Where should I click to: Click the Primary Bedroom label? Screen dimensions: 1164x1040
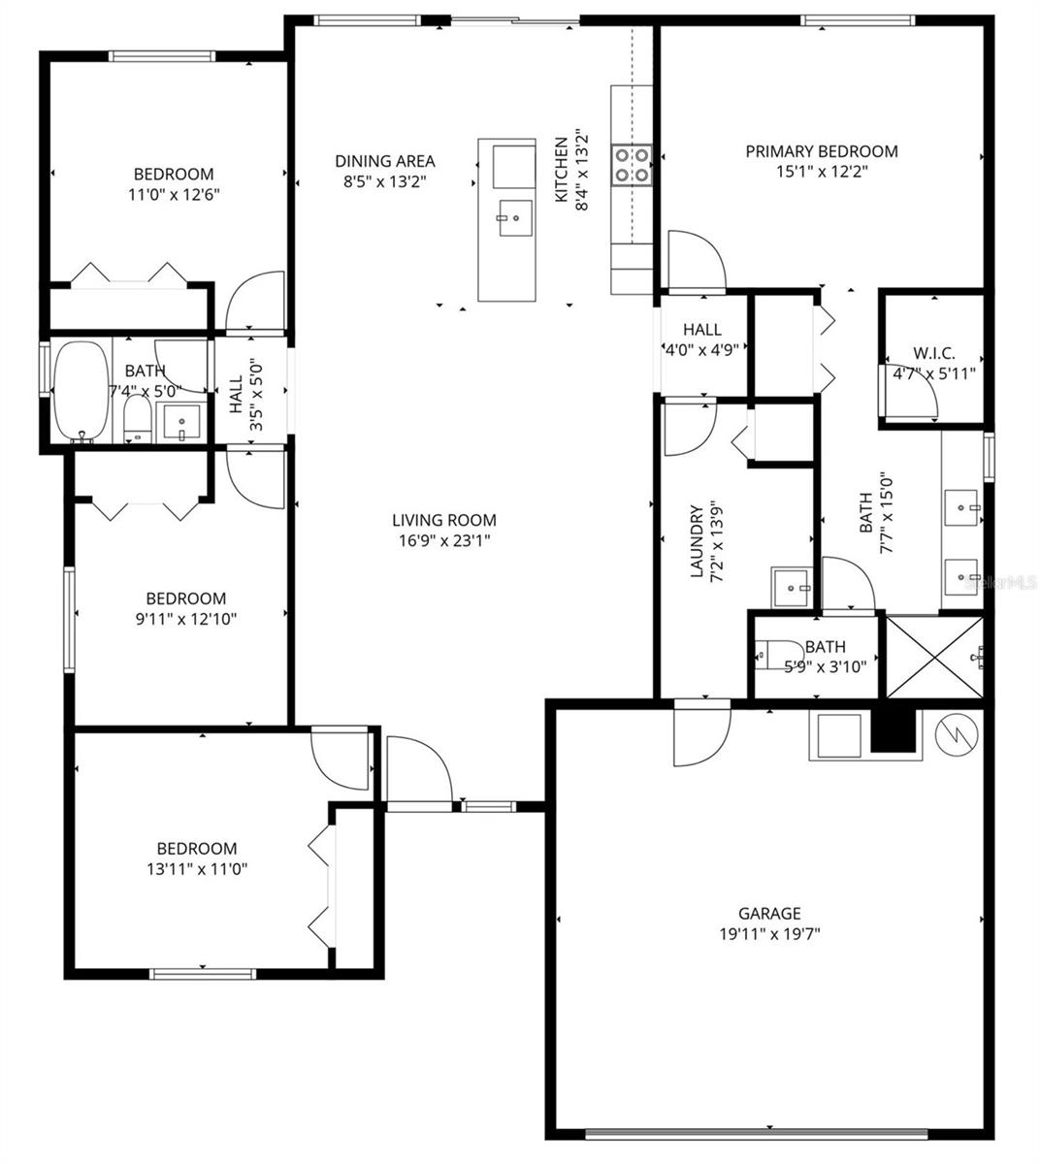coord(821,151)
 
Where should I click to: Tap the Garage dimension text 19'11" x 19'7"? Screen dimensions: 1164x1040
coord(769,934)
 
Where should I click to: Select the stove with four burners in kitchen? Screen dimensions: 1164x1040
coord(631,165)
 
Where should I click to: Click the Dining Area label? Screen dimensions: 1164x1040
coord(384,161)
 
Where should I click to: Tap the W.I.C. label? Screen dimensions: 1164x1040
coord(935,353)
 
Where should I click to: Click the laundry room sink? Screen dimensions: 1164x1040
coord(794,586)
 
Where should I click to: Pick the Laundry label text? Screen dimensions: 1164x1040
coord(696,541)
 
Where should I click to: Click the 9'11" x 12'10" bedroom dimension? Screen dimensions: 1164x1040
coord(185,619)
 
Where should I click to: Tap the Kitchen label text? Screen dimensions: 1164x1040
coord(561,170)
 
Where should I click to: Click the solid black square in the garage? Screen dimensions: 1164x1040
coord(894,729)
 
